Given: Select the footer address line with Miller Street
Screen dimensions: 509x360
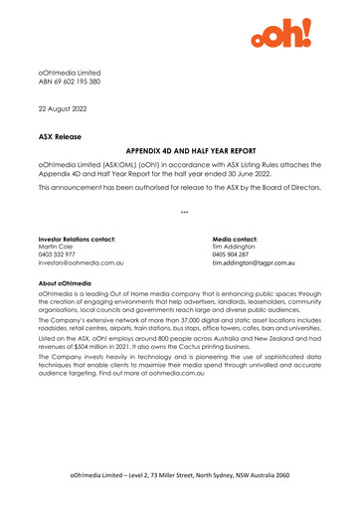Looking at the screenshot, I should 179,477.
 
